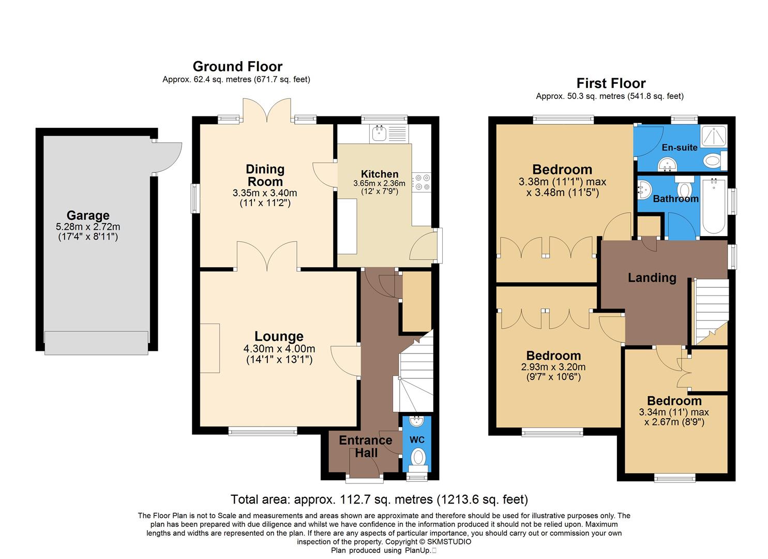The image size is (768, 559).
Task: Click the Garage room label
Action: (x=88, y=215)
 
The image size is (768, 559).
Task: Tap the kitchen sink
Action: (x=381, y=134)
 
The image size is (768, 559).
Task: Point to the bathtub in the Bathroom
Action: (x=714, y=207)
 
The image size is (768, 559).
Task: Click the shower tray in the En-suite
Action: (x=713, y=136)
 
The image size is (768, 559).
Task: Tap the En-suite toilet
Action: (x=713, y=160)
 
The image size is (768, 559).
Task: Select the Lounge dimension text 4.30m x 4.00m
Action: (x=279, y=349)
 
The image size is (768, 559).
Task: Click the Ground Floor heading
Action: (x=237, y=67)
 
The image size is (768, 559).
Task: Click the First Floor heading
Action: (x=611, y=83)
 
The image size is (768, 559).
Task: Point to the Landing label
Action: (x=652, y=278)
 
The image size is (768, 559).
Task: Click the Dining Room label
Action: (x=265, y=175)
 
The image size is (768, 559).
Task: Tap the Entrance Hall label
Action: (x=366, y=446)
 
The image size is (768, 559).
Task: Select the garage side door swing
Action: (x=167, y=157)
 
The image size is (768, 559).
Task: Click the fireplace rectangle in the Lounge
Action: (x=210, y=348)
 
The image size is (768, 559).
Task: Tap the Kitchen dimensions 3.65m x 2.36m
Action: (x=379, y=183)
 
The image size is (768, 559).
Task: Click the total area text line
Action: (x=379, y=499)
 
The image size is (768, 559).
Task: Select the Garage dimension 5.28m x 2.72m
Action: (x=88, y=227)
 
